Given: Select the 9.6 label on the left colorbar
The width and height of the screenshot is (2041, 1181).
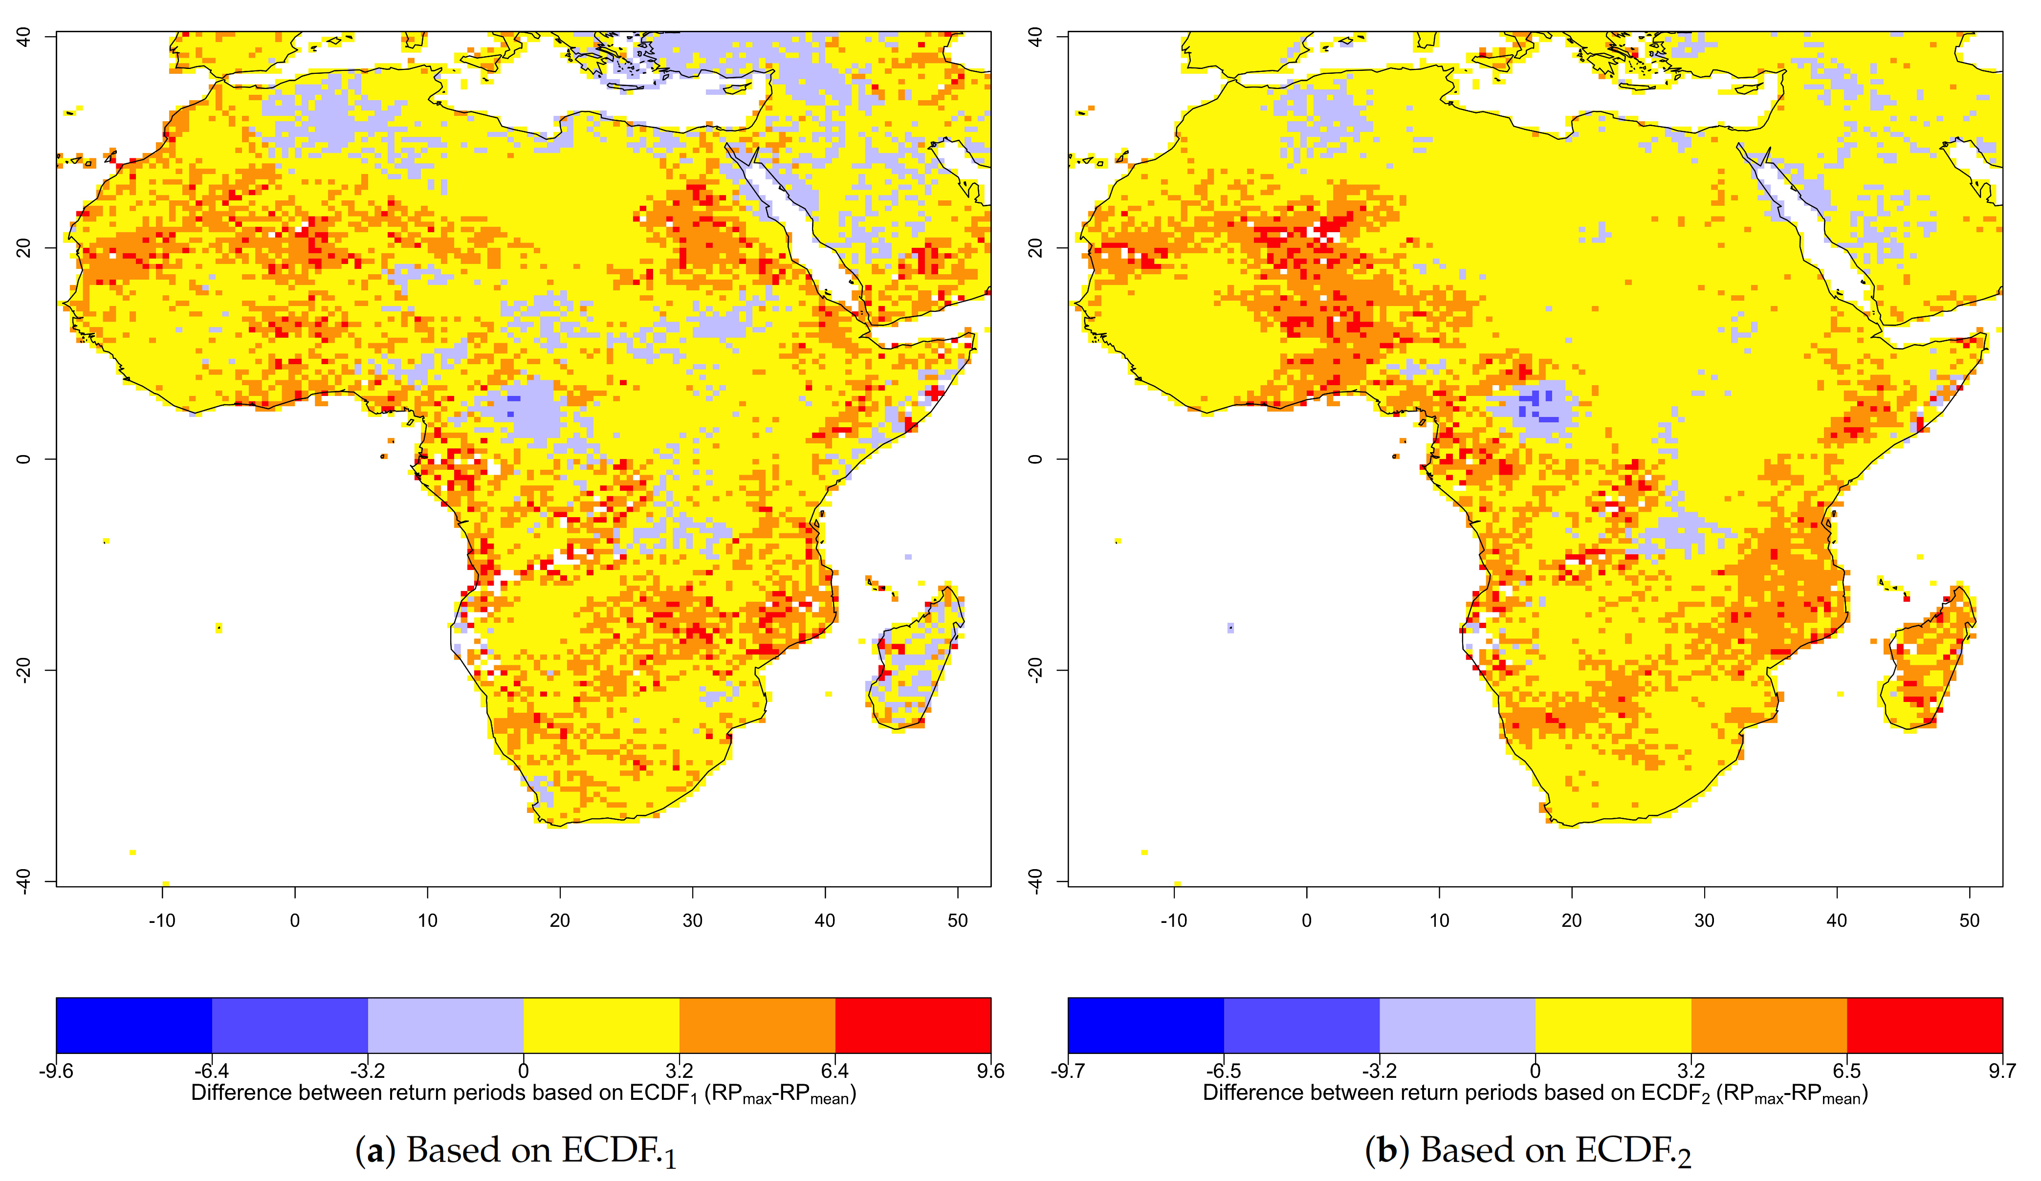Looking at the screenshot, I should (990, 1072).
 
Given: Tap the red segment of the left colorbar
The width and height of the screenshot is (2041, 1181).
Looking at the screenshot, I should (913, 1025).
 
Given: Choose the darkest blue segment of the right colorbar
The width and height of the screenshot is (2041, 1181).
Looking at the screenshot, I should (1145, 1025).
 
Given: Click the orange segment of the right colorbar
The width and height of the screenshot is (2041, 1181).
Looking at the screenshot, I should (1769, 1025).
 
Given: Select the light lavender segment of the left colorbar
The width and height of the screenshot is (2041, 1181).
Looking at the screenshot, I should (445, 1025).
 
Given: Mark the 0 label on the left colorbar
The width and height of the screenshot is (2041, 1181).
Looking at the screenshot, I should (523, 1072).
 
